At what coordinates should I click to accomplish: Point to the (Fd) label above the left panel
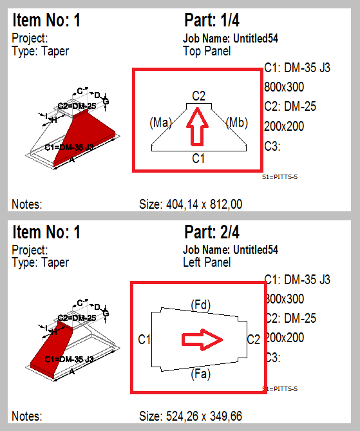(x=201, y=303)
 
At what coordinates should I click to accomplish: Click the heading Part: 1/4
(x=212, y=21)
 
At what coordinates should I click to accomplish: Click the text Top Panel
(x=207, y=51)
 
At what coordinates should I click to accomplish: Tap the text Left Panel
(x=207, y=262)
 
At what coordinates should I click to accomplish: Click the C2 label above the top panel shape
(x=199, y=96)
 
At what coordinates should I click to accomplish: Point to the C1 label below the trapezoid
(x=198, y=158)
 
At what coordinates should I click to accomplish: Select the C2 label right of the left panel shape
(x=254, y=339)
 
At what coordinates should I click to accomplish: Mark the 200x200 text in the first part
(x=284, y=126)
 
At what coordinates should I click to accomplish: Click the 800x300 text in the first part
(x=284, y=86)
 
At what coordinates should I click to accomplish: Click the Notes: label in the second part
(x=26, y=417)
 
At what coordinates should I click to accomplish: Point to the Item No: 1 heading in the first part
(x=47, y=21)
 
